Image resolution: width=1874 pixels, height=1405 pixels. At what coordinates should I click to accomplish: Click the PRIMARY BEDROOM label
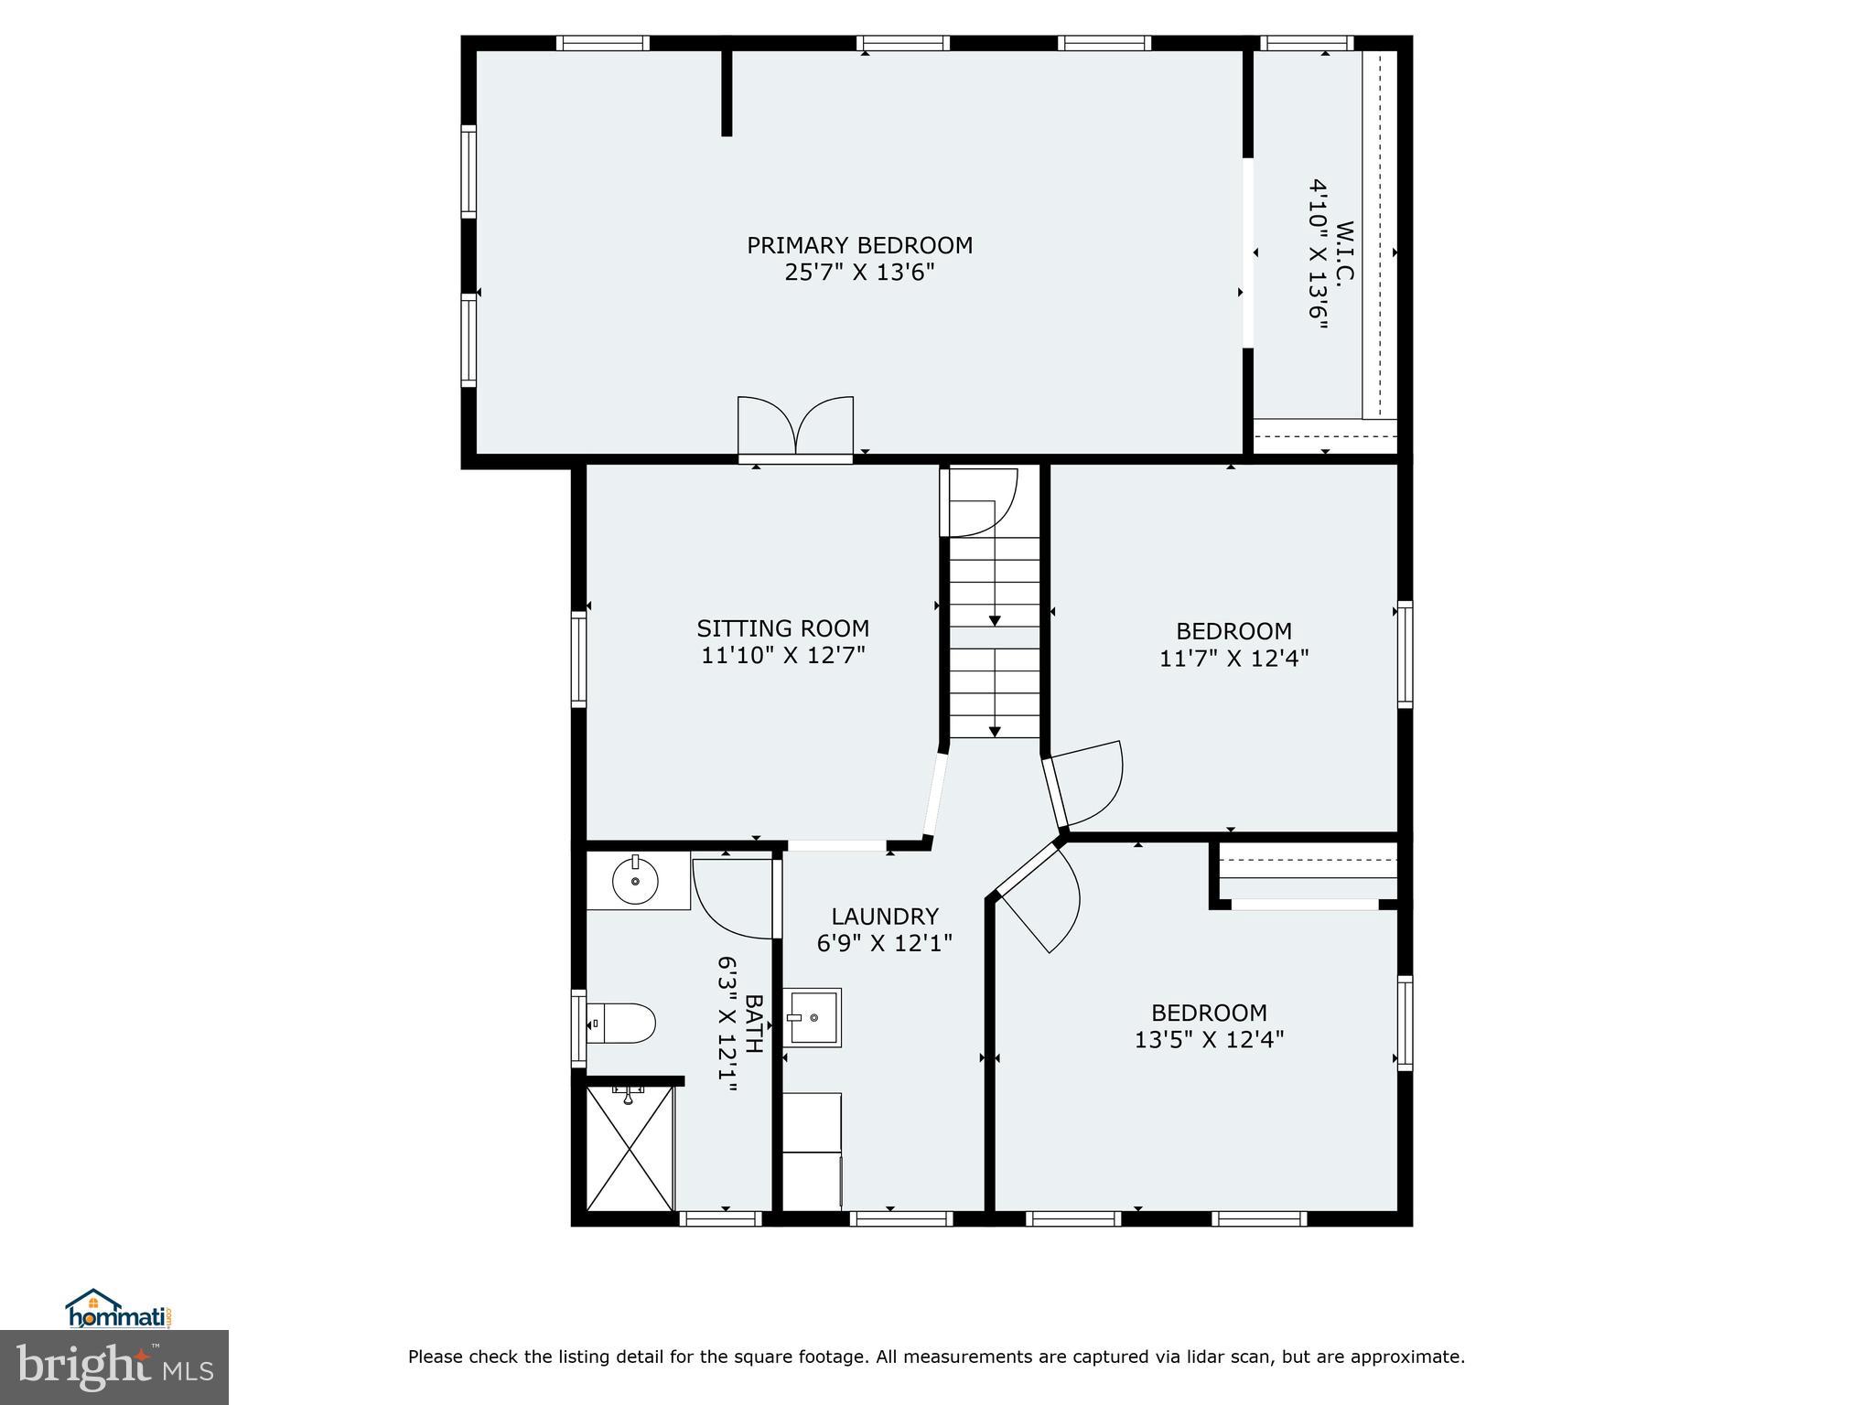859,245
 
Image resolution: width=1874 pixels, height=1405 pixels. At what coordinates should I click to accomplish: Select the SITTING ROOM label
782,628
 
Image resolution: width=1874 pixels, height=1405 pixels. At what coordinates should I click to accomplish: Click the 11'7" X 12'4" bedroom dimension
1233,658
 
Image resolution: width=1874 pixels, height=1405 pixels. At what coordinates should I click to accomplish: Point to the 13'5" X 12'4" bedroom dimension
1209,1039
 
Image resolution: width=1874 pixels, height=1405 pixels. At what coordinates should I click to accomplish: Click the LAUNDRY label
884,916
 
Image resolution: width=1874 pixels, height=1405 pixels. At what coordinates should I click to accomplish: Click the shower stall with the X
629,1148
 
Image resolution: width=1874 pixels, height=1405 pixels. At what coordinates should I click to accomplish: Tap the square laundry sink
813,1017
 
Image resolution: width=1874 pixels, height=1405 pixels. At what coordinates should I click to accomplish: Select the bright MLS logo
113,1367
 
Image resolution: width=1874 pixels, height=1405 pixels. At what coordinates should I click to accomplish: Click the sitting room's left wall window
578,659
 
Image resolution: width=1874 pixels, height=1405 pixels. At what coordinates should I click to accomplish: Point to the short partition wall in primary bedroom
727,91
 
